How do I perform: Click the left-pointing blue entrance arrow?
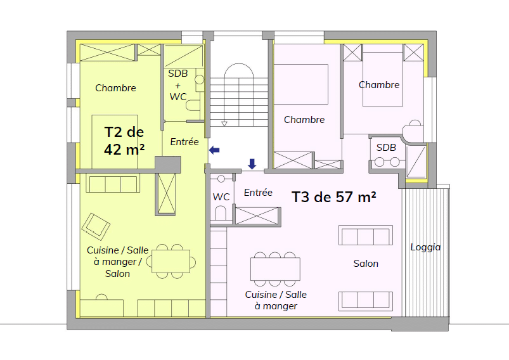click(x=214, y=150)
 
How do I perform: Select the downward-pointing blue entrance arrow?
click(x=252, y=164)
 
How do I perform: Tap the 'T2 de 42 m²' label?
click(x=124, y=141)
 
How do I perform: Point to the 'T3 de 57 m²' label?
click(x=334, y=196)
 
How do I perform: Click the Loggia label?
click(x=425, y=247)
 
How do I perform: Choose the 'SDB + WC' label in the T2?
click(x=178, y=85)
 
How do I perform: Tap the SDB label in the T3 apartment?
click(x=386, y=148)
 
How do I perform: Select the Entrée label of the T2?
click(x=184, y=142)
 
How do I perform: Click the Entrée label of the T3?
click(x=258, y=193)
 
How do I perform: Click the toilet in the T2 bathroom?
click(x=193, y=105)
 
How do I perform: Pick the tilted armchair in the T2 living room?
click(x=96, y=226)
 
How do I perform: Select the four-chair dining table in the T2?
click(x=171, y=261)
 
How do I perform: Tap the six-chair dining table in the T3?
click(x=275, y=269)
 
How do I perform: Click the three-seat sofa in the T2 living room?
click(x=113, y=183)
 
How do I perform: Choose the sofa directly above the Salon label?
click(x=366, y=235)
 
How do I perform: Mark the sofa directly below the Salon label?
click(x=366, y=301)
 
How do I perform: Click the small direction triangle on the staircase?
click(x=224, y=124)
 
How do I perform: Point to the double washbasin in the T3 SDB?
click(x=387, y=162)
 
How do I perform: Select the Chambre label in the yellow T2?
click(x=115, y=88)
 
